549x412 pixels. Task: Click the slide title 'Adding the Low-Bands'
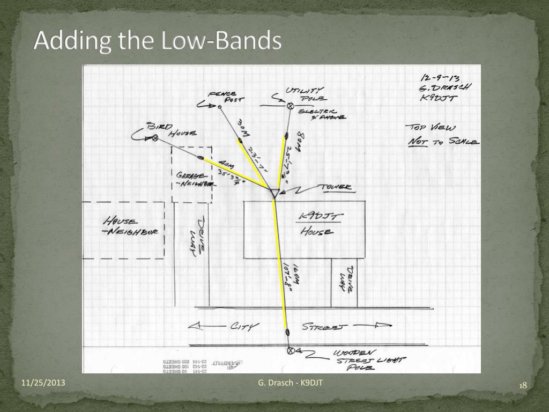(x=158, y=41)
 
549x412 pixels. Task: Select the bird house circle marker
(x=155, y=138)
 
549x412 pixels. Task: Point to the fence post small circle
(x=220, y=107)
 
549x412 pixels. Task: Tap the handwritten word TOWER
(x=336, y=187)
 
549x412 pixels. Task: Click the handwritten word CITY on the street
(x=242, y=326)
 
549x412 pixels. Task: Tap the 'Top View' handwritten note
(x=431, y=127)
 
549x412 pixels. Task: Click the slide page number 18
(x=523, y=386)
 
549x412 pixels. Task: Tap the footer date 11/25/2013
(x=43, y=382)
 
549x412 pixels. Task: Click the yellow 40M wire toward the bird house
(x=236, y=172)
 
